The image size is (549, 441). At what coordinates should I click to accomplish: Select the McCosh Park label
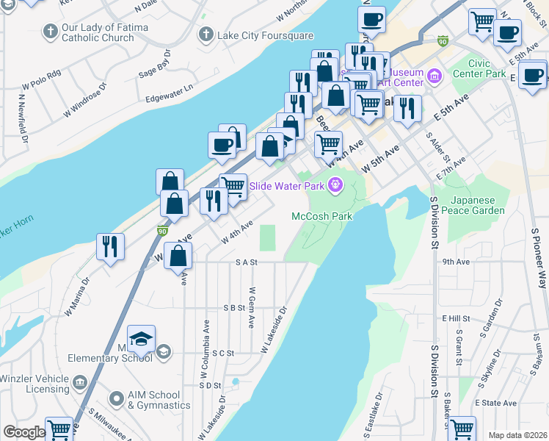point(322,216)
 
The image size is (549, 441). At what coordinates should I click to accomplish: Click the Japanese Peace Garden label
point(478,205)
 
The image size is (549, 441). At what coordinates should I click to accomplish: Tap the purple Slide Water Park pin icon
point(336,185)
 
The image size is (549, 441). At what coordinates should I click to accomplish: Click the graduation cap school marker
point(141,339)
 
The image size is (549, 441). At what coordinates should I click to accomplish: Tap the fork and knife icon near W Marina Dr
point(110,247)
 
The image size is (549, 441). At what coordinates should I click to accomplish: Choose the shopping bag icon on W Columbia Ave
point(178,257)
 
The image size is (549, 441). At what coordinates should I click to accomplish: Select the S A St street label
point(247,262)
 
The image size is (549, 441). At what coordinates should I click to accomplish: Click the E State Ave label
point(496,403)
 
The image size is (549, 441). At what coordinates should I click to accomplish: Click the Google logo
point(24,432)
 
